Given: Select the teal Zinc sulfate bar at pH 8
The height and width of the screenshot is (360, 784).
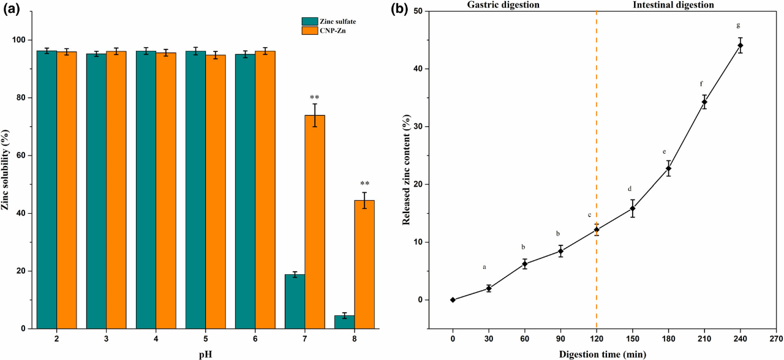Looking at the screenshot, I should click(x=344, y=322).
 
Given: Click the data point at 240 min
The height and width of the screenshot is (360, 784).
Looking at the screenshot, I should click(x=740, y=45).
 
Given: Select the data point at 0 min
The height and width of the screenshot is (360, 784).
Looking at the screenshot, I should click(x=453, y=300).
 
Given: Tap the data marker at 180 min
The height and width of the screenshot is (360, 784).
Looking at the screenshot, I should click(x=668, y=168).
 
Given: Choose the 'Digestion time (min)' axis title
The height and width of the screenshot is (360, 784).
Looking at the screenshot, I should click(x=606, y=353).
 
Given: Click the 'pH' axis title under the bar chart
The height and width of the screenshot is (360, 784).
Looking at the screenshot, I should click(x=205, y=353).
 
